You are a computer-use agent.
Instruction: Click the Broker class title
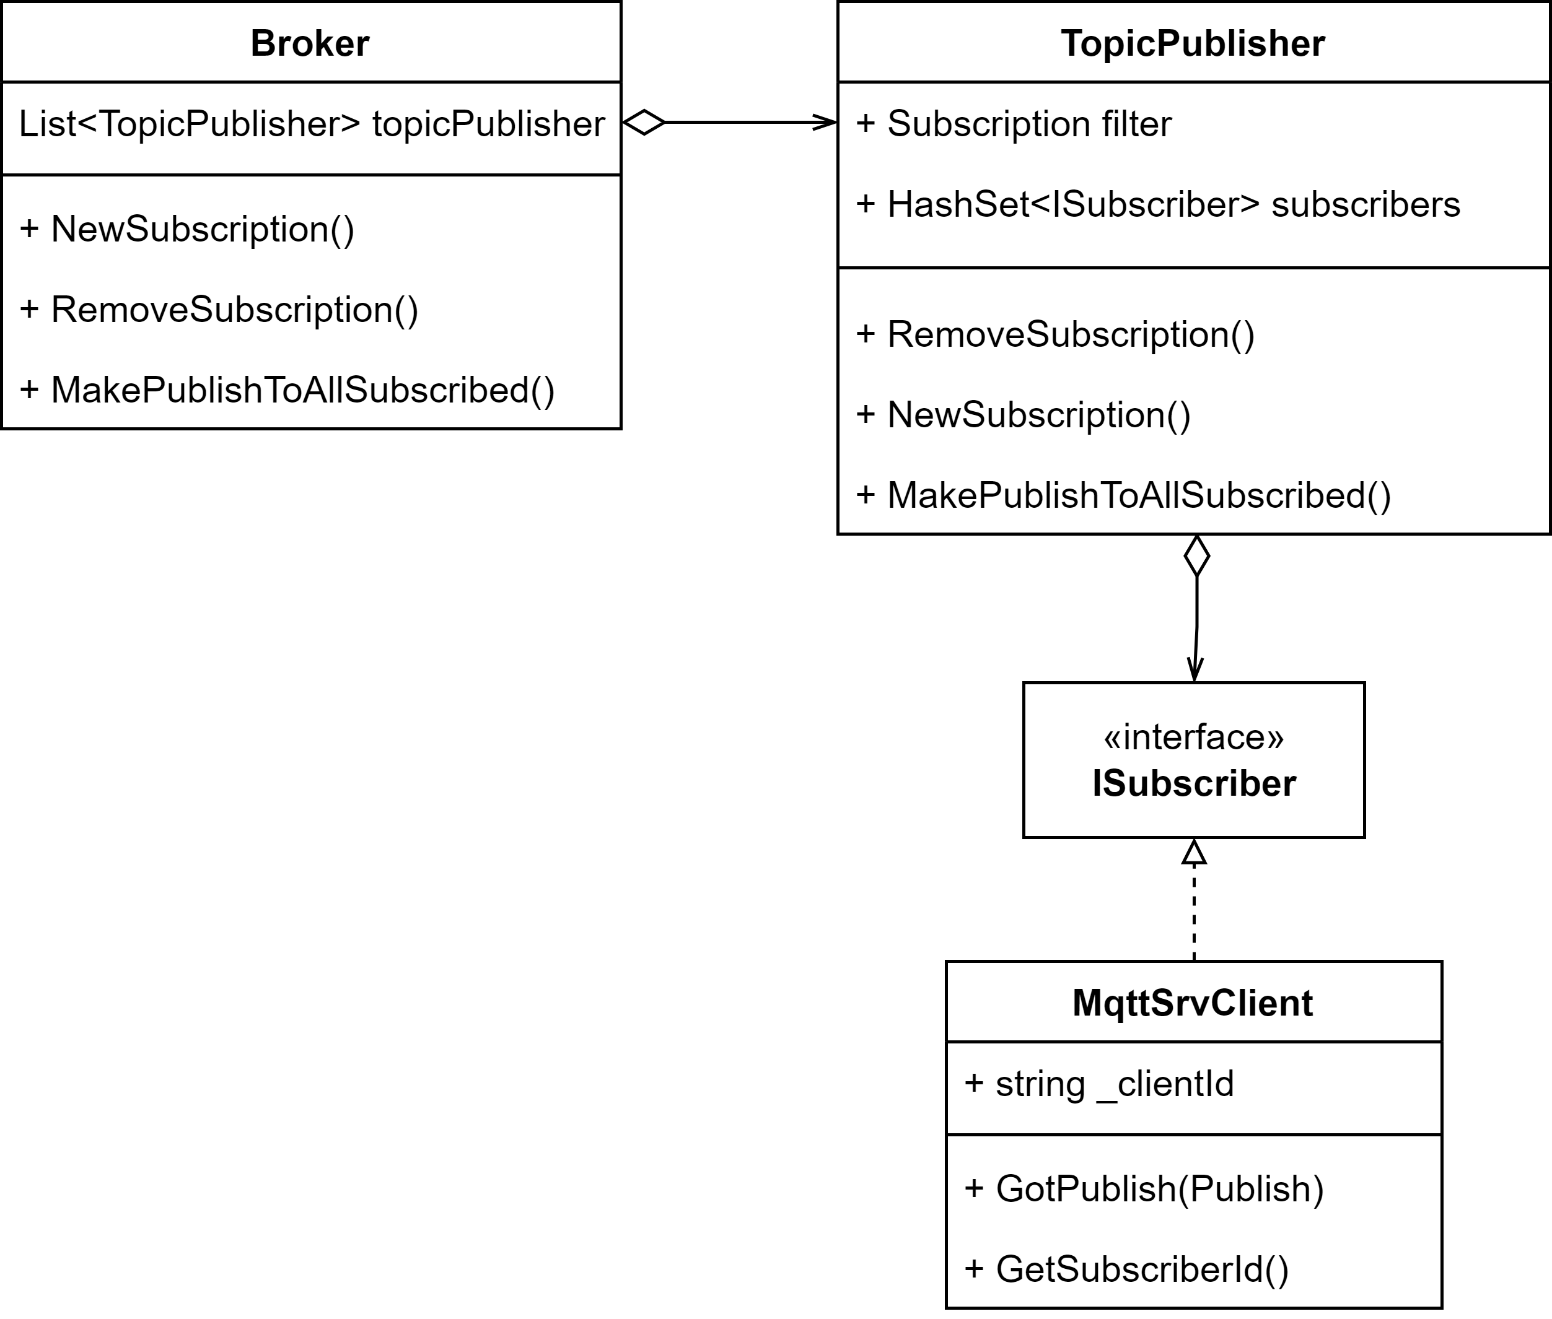tap(310, 43)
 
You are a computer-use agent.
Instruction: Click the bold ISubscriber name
tap(1194, 783)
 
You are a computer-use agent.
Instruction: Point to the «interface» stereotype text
tap(1194, 738)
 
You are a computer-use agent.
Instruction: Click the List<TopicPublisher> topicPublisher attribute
tap(311, 124)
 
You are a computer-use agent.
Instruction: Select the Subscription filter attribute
tap(1014, 124)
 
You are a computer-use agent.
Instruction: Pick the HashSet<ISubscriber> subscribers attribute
tap(1158, 205)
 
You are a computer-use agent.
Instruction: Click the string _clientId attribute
tap(1100, 1084)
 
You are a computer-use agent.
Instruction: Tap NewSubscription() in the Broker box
tap(187, 229)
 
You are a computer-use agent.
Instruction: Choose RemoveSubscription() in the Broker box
tap(219, 310)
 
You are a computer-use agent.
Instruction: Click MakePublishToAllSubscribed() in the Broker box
tap(287, 390)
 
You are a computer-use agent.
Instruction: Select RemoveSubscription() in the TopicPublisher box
tap(1055, 334)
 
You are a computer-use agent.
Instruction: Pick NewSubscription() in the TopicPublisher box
tap(1023, 415)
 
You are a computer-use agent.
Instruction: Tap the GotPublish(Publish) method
tap(1144, 1188)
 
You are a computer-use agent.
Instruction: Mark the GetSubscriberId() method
tap(1127, 1269)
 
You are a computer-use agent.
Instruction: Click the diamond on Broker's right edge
tap(644, 122)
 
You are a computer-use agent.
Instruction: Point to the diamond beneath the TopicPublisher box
tap(1197, 555)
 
